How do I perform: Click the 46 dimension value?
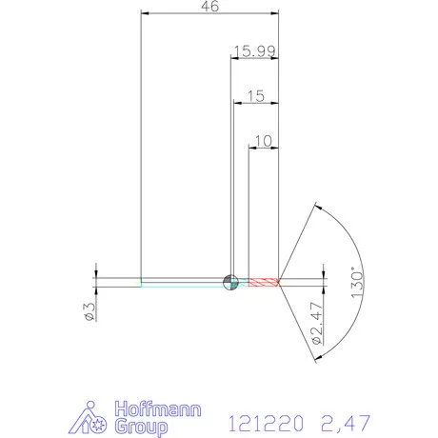click(x=210, y=7)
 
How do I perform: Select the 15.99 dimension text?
click(x=252, y=50)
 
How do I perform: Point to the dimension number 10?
click(x=264, y=140)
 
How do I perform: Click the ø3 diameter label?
click(x=87, y=310)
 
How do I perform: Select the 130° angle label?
click(x=356, y=283)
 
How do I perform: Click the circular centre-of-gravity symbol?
click(x=229, y=281)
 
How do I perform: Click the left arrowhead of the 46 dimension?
click(x=145, y=13)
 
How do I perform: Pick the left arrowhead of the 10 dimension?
click(x=252, y=148)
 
